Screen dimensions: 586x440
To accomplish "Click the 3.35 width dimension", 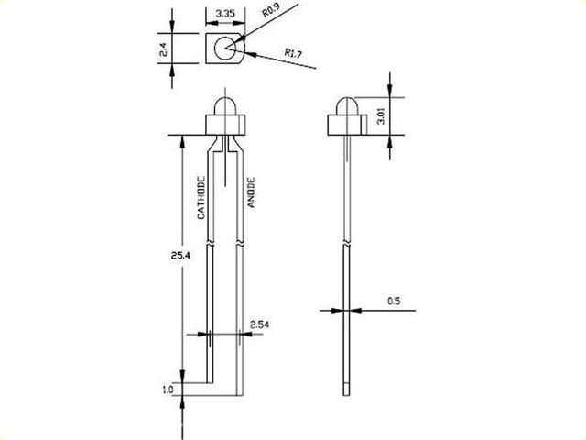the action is pyautogui.click(x=225, y=14).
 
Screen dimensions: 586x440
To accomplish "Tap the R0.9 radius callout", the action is pyautogui.click(x=271, y=10).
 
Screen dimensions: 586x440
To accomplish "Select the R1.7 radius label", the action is pyautogui.click(x=293, y=53).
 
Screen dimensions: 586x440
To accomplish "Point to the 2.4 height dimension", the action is pyautogui.click(x=163, y=49).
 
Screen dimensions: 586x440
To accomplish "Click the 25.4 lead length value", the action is pyautogui.click(x=180, y=256).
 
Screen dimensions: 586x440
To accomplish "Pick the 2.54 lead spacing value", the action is pyautogui.click(x=259, y=324).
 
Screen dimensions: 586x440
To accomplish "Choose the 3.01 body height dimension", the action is pyautogui.click(x=381, y=116).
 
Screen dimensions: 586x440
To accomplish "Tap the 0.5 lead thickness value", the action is pyautogui.click(x=394, y=301).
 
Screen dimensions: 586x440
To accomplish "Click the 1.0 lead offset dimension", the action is pyautogui.click(x=168, y=390).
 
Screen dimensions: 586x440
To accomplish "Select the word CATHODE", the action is pyautogui.click(x=201, y=198).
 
